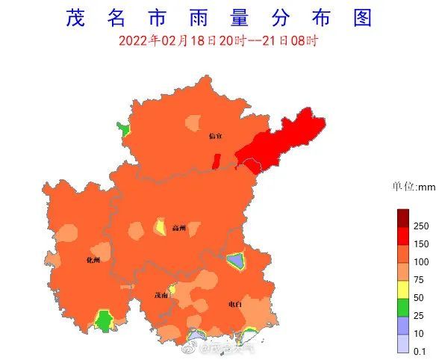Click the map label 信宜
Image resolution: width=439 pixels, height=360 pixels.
pyautogui.click(x=215, y=136)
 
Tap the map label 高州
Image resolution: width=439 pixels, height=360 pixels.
pyautogui.click(x=178, y=228)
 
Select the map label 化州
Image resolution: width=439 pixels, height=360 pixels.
pyautogui.click(x=93, y=260)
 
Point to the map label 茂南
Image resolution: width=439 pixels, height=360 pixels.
pyautogui.click(x=161, y=295)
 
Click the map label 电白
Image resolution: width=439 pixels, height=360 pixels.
pyautogui.click(x=235, y=304)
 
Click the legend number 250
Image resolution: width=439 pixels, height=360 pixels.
pyautogui.click(x=421, y=226)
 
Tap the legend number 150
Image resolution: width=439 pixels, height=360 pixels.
pyautogui.click(x=421, y=244)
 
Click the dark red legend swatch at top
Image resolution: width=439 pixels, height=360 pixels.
pyautogui.click(x=402, y=218)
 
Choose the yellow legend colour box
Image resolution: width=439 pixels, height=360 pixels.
pyautogui.click(x=402, y=288)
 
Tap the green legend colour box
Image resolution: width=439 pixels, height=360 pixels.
pyautogui.click(x=402, y=306)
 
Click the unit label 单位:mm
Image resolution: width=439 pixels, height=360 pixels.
pyautogui.click(x=414, y=187)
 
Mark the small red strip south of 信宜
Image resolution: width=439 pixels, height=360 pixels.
pyautogui.click(x=217, y=160)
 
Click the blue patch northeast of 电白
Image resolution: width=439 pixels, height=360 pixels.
pyautogui.click(x=236, y=261)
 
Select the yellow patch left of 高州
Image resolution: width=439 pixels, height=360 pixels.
pyautogui.click(x=159, y=226)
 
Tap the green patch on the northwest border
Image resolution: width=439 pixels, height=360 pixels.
pyautogui.click(x=124, y=129)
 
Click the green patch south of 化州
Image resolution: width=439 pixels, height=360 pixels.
pyautogui.click(x=103, y=320)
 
